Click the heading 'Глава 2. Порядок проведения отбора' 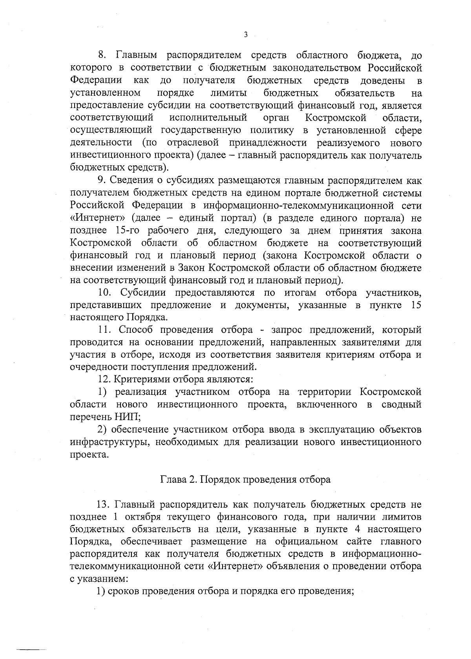point(245,480)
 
